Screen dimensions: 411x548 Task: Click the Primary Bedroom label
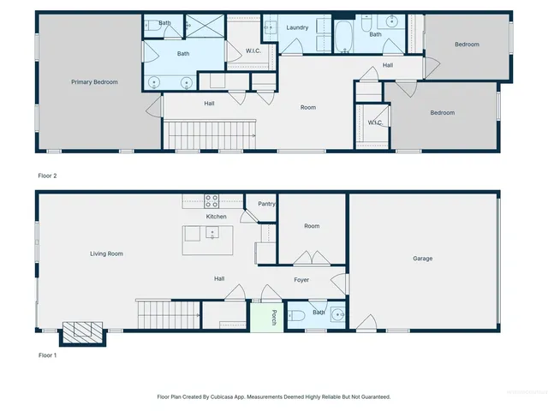click(x=94, y=82)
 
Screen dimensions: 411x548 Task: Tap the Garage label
click(x=422, y=259)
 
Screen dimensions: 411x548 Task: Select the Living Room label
click(x=108, y=253)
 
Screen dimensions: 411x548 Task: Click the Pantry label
click(x=266, y=204)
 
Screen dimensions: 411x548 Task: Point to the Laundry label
click(x=297, y=27)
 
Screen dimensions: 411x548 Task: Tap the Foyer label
click(x=301, y=280)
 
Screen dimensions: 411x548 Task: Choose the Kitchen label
click(x=217, y=217)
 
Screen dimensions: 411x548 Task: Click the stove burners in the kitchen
click(x=211, y=201)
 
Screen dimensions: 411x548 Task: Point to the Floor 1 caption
click(x=48, y=354)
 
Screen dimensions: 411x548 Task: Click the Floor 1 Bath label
click(x=318, y=313)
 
